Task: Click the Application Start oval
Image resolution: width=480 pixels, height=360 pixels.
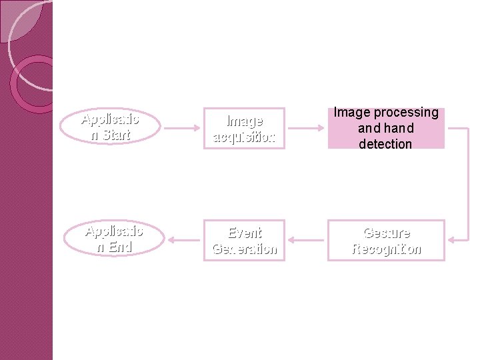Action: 110,127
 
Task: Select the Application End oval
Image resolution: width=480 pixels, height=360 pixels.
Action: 113,239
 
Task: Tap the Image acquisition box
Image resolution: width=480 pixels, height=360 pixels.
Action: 243,129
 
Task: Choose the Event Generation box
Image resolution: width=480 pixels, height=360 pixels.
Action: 244,241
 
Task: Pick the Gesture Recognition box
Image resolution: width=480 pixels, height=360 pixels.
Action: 386,241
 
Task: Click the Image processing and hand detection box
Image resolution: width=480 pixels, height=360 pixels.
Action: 386,128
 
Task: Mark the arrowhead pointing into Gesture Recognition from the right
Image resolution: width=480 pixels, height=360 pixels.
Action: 451,240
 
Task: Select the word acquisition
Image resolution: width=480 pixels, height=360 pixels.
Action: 243,137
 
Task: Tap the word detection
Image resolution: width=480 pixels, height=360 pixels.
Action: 385,144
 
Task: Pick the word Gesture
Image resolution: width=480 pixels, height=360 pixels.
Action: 387,233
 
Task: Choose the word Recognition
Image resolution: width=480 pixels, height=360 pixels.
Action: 387,249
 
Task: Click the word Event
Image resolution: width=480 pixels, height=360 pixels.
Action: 245,233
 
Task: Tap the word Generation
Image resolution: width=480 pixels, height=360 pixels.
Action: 244,249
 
